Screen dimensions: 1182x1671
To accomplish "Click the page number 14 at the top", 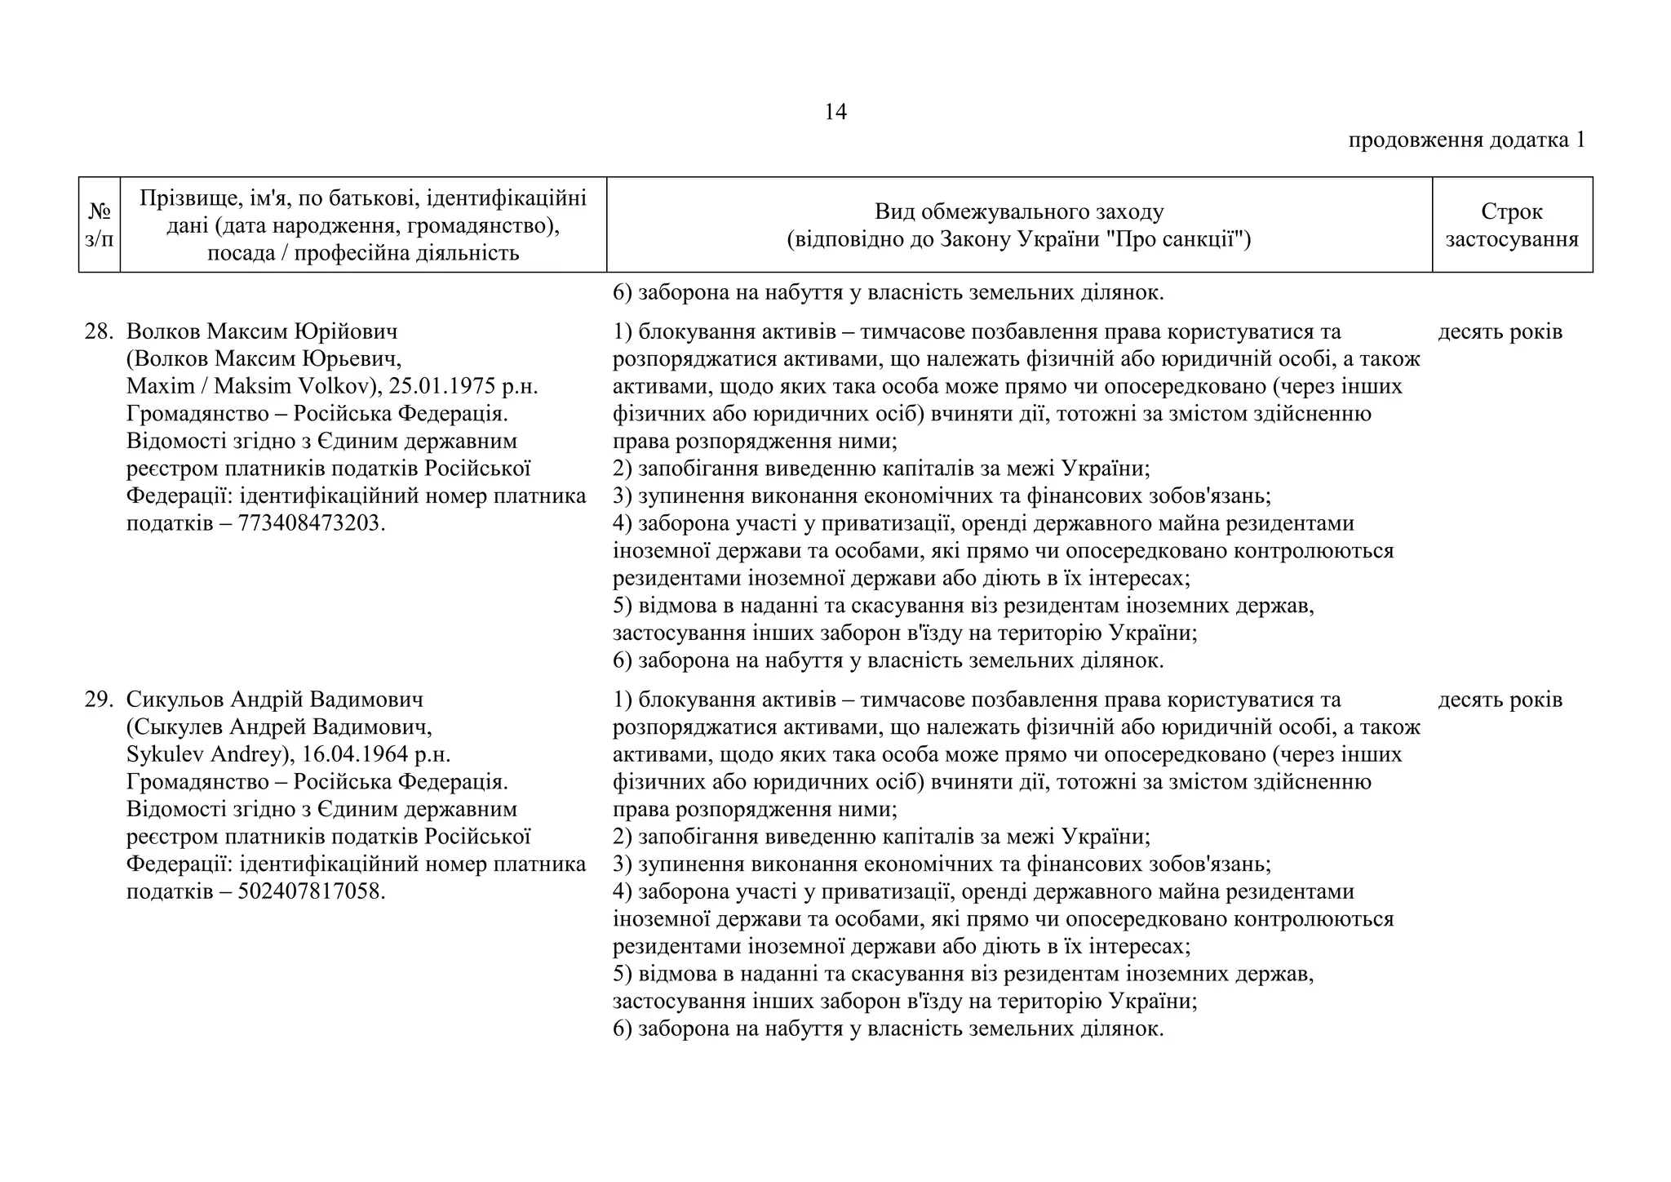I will coord(835,112).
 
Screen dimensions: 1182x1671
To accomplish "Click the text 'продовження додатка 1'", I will coord(1466,140).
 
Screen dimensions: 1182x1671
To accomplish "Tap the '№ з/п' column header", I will coord(100,224).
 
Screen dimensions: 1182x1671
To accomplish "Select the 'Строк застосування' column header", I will coord(1511,224).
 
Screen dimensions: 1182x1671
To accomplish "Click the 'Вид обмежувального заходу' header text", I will coord(1018,211).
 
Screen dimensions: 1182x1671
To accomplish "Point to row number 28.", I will coord(98,331).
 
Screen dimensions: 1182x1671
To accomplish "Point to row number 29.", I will coord(98,700).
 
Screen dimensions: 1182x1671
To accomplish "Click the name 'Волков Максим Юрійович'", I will coord(261,331).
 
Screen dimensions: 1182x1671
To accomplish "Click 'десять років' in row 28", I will coord(1500,331).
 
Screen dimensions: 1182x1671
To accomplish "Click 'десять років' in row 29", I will coord(1500,700).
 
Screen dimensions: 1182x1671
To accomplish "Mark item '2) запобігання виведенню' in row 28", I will coord(881,469).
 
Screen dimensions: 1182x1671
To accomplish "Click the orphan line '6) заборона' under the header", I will coord(888,292).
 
